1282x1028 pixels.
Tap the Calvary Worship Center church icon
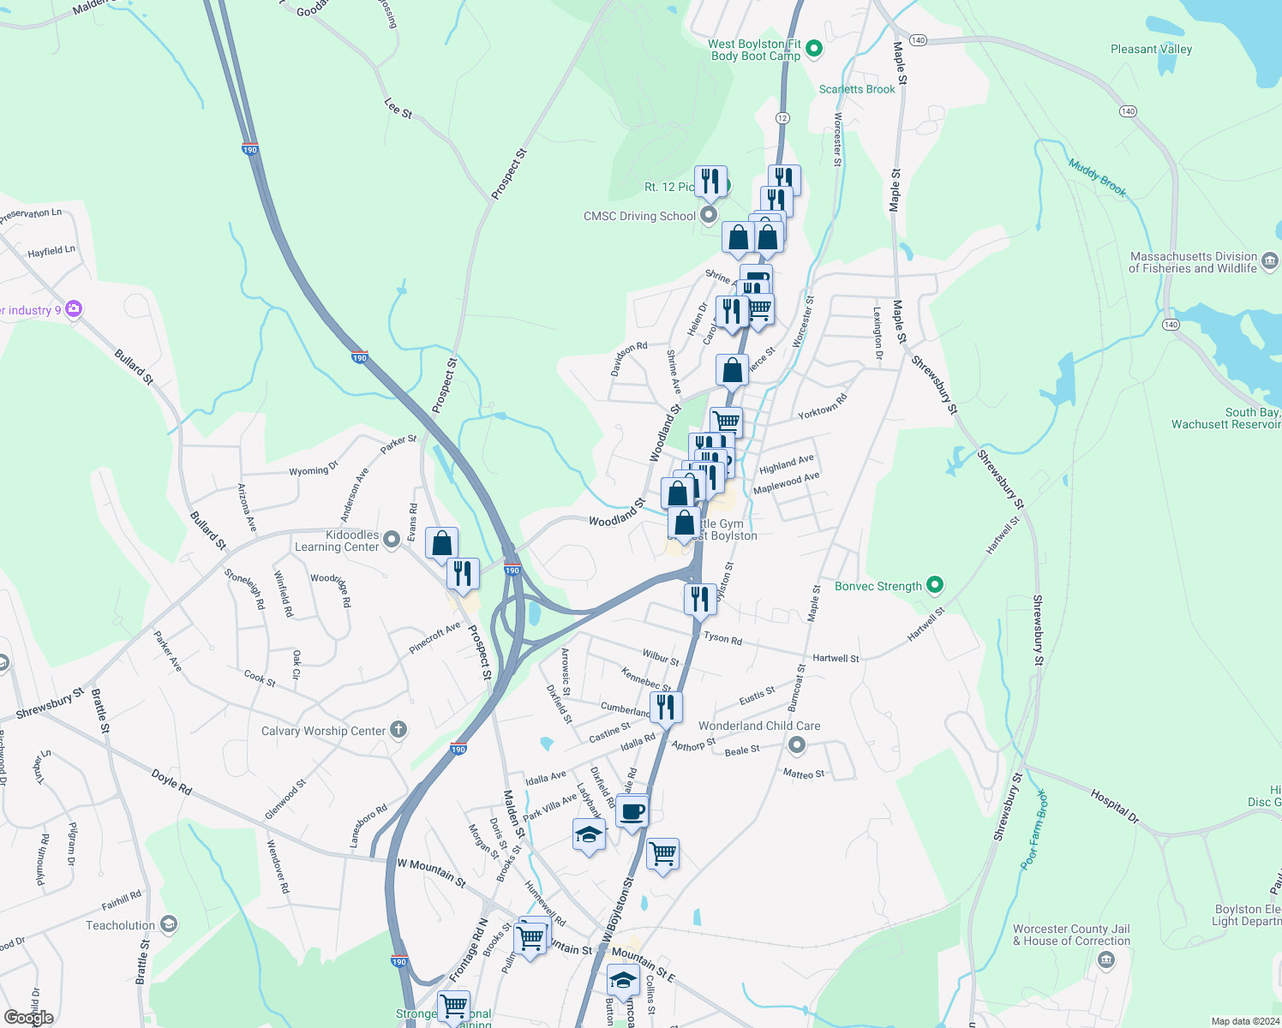coord(398,730)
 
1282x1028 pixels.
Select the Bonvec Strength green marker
coord(935,586)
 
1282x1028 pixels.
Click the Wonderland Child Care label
coord(759,726)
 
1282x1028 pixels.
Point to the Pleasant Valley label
coord(1151,49)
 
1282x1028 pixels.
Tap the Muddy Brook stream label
coord(1097,178)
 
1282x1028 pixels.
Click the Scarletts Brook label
coord(857,89)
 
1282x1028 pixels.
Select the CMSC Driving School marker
coord(709,215)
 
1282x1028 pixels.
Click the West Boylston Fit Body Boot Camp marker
coord(815,49)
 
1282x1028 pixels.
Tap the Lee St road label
coord(398,108)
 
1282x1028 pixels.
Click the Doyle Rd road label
coord(171,782)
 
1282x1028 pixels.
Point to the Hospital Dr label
coord(1115,806)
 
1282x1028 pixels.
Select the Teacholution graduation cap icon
coord(169,924)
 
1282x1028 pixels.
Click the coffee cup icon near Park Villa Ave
coord(632,811)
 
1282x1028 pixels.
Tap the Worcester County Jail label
coord(1071,935)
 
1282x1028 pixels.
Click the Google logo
coord(29,1017)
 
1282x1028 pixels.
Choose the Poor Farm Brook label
coord(1034,829)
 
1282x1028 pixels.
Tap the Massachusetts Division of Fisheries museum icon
coord(1270,261)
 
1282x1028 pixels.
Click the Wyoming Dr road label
coord(314,470)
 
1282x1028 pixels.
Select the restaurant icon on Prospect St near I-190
coord(463,573)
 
